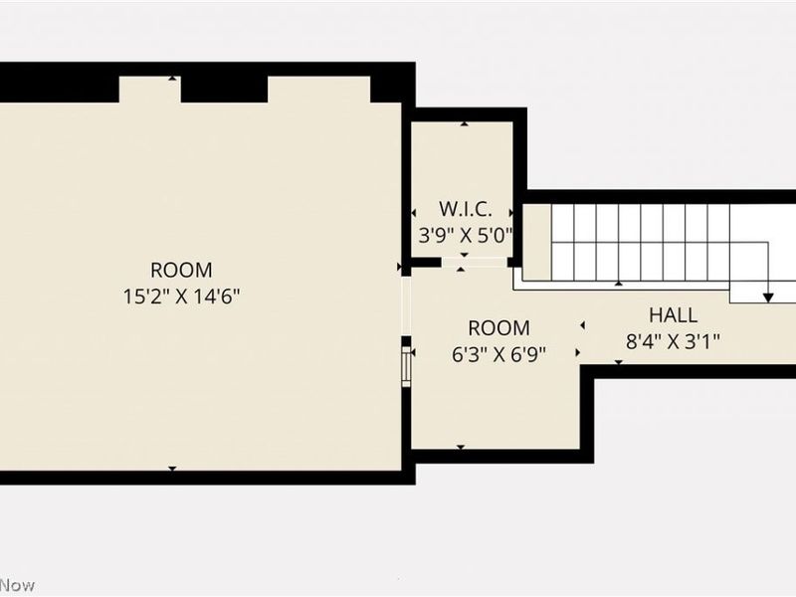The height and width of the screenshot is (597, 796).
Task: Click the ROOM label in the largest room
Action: pos(181,270)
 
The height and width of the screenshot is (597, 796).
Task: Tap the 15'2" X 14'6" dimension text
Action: pos(181,296)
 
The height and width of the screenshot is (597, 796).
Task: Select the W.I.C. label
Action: pos(464,210)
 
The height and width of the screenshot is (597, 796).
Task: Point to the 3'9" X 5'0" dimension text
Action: pos(464,236)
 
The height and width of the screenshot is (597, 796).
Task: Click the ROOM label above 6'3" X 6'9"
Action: pos(498,327)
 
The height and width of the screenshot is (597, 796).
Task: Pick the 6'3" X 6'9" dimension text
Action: pos(498,353)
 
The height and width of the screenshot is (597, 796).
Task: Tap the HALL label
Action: pos(673,315)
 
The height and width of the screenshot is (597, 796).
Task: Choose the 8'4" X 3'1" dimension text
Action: pos(673,340)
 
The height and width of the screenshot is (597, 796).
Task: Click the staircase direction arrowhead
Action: pos(768,296)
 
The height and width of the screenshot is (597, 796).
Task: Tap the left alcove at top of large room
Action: pos(149,91)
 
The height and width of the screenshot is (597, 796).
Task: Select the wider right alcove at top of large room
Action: pos(318,91)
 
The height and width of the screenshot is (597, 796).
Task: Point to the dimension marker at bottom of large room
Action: pos(172,468)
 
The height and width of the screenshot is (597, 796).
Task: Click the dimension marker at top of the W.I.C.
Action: pos(465,124)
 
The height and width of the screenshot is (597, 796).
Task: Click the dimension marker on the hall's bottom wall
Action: pos(618,361)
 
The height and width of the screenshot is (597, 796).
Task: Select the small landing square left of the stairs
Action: pos(536,242)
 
